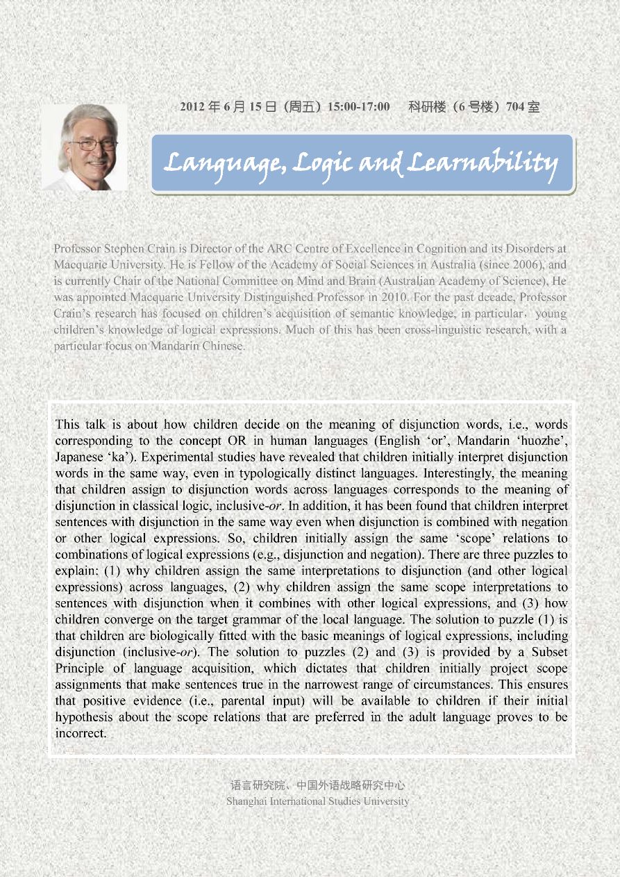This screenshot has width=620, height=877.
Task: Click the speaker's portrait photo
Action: tap(85, 147)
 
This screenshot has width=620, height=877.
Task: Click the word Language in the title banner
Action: tap(222, 163)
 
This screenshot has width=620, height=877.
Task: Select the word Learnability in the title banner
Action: tap(482, 163)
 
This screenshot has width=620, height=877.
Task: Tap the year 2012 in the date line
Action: tap(192, 107)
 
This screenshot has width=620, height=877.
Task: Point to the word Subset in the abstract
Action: tap(549, 652)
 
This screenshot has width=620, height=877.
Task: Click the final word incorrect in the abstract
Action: tap(81, 733)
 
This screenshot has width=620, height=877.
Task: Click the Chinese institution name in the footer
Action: tap(317, 786)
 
